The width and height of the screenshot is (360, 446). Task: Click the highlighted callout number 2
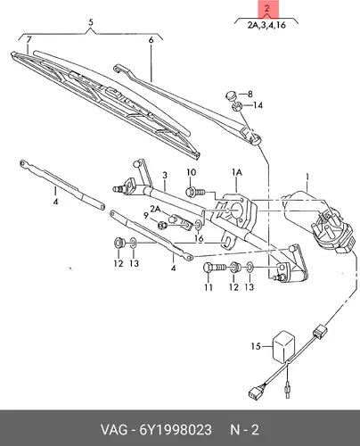(x=267, y=8)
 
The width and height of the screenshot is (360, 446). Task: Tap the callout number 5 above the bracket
(x=91, y=22)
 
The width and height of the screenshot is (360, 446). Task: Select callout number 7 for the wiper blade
(x=29, y=39)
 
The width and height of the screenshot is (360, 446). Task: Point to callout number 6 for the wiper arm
(x=151, y=40)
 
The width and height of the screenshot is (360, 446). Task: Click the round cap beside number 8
(x=231, y=96)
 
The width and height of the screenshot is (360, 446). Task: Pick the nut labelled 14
(x=237, y=106)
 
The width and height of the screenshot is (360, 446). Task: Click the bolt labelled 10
(x=195, y=192)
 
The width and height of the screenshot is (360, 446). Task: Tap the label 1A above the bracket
(x=237, y=172)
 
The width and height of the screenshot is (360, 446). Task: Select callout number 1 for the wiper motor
(x=307, y=178)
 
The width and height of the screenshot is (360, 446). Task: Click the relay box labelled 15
(x=283, y=346)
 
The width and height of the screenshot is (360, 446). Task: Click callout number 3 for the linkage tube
(x=165, y=175)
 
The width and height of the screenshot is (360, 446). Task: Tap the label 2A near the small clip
(x=155, y=210)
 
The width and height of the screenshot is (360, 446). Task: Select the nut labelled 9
(x=162, y=225)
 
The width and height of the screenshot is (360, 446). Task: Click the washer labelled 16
(x=199, y=225)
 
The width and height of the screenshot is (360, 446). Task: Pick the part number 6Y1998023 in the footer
(x=176, y=430)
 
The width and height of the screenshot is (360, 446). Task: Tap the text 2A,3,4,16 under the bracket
(x=266, y=25)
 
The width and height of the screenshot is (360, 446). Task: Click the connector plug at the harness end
(x=254, y=392)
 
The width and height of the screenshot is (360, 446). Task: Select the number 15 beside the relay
(x=256, y=346)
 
